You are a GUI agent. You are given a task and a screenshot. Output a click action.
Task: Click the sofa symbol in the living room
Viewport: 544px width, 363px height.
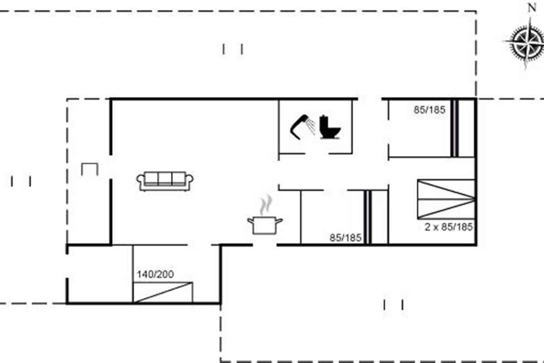pyautogui.click(x=165, y=181)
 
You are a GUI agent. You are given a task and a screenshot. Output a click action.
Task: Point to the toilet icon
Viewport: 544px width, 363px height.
pyautogui.click(x=330, y=127)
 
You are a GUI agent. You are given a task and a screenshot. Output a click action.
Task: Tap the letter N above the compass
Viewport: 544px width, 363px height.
pyautogui.click(x=532, y=8)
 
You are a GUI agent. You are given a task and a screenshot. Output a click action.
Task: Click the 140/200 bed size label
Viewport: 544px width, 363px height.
pyautogui.click(x=155, y=274)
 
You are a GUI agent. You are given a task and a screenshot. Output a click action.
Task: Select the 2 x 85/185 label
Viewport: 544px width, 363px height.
pyautogui.click(x=448, y=227)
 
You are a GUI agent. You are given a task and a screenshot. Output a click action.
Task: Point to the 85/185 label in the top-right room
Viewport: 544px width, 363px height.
pyautogui.click(x=430, y=110)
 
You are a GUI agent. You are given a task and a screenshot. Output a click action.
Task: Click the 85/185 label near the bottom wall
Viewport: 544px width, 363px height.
pyautogui.click(x=345, y=238)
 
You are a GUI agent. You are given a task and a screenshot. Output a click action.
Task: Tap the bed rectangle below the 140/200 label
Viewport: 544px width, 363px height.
pyautogui.click(x=163, y=293)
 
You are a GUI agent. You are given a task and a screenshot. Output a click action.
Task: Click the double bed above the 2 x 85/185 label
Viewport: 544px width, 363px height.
pyautogui.click(x=446, y=199)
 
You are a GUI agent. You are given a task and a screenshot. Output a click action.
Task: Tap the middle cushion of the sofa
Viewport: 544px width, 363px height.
pyautogui.click(x=165, y=179)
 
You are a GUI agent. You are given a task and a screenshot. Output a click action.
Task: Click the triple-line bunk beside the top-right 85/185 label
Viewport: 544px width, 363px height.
pyautogui.click(x=454, y=128)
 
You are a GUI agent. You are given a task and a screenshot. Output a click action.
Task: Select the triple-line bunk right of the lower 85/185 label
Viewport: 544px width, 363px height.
pyautogui.click(x=368, y=217)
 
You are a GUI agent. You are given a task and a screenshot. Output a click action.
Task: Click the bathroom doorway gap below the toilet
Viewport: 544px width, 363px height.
pyautogui.click(x=317, y=154)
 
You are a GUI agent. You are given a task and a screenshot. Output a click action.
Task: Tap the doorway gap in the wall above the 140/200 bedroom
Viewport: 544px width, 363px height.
pyautogui.click(x=199, y=245)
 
